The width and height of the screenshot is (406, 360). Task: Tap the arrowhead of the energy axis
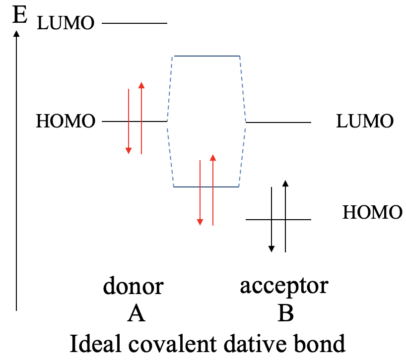17,34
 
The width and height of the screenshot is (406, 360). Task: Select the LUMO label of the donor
66,23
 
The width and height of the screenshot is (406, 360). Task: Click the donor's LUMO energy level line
135,23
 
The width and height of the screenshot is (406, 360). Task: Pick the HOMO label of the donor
65,121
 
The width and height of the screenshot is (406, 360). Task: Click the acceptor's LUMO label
365,121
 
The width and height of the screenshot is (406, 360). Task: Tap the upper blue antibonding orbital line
206,56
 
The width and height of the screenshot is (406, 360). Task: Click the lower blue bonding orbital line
206,186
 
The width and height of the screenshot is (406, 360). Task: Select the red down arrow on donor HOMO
129,121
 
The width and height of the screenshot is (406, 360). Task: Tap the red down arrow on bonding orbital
200,193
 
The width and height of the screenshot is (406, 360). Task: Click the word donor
133,286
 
